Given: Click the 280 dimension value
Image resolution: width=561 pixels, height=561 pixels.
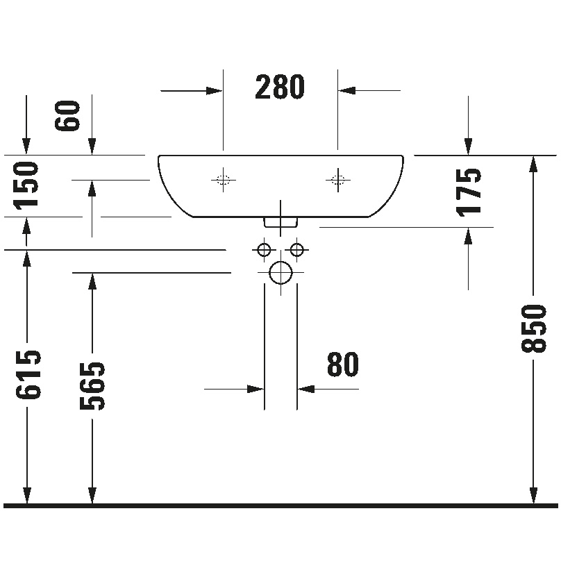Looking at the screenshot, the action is tap(280, 87).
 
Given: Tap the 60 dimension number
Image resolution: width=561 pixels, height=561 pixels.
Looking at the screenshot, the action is tap(67, 115).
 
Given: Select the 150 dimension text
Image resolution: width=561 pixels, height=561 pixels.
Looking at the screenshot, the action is tap(26, 185).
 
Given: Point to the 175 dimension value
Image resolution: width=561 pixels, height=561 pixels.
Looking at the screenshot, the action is tap(469, 192).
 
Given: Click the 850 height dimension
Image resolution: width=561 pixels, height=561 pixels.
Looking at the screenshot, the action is tap(534, 328).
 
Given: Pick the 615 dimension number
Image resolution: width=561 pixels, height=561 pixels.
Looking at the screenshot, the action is tap(28, 375).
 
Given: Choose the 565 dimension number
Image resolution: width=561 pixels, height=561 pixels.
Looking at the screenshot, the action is tap(92, 386).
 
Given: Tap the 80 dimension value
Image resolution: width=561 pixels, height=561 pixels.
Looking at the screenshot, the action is tap(343, 364).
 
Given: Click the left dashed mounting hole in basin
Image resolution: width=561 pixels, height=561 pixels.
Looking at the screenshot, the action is tap(224, 180).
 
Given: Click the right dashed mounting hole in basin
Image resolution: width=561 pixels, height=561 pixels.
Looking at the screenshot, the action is tap(337, 180).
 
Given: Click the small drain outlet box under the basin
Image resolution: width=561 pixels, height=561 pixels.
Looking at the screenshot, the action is tap(280, 222).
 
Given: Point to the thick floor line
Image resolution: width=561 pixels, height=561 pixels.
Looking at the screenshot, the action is tap(280, 505).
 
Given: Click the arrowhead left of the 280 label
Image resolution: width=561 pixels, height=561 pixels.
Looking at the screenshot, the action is tap(215, 91).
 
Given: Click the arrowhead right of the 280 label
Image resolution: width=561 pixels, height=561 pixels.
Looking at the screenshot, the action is tap(346, 91).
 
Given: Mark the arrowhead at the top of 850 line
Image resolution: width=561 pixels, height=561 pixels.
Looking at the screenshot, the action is tap(533, 165).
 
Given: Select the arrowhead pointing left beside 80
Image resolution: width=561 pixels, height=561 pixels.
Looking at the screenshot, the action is tap(306, 389).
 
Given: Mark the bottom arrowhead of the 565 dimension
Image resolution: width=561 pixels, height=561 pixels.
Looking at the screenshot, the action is tap(92, 495).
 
